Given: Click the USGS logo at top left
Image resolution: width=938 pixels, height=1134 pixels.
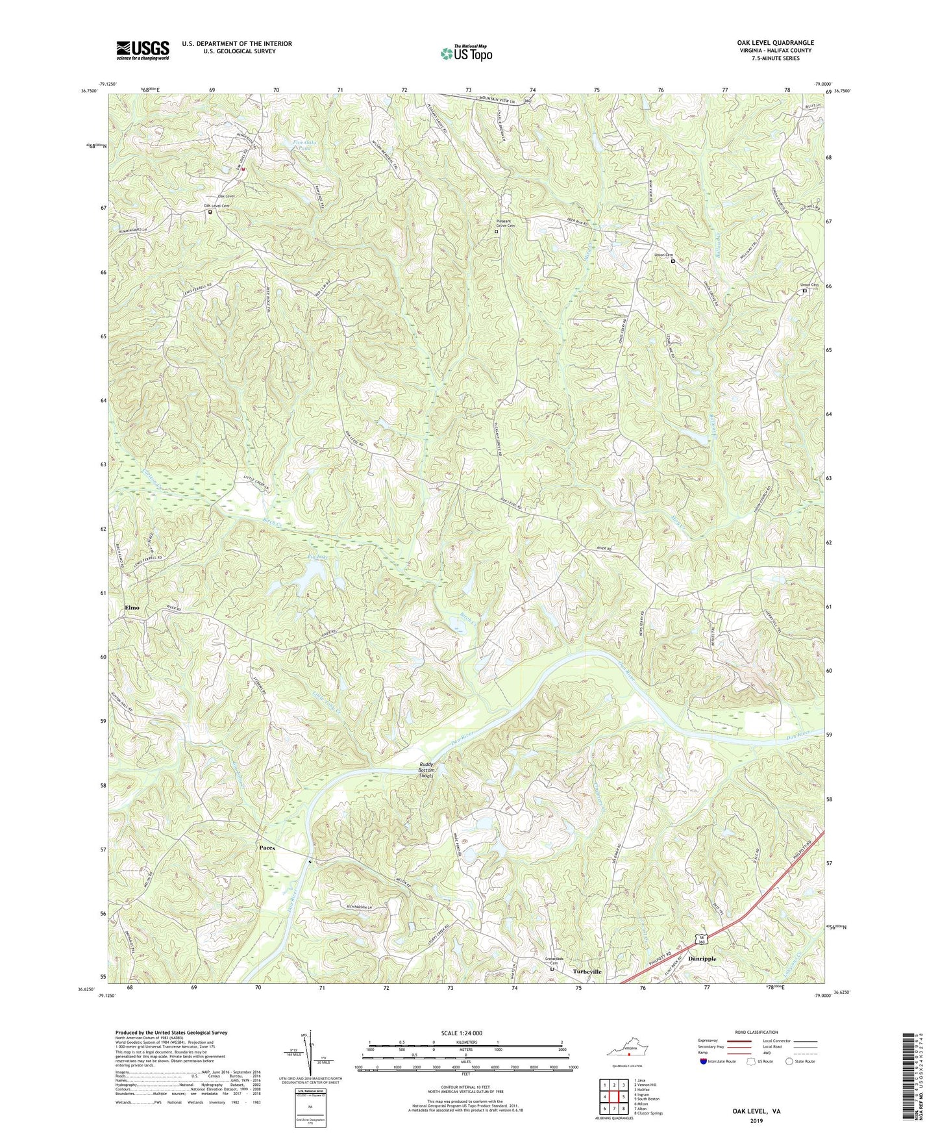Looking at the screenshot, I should [x=143, y=49].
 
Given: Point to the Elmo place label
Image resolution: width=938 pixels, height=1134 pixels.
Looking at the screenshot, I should [x=132, y=607].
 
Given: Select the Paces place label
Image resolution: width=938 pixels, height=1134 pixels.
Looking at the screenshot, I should [x=267, y=848].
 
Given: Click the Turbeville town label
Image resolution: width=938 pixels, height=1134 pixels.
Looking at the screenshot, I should [x=587, y=972].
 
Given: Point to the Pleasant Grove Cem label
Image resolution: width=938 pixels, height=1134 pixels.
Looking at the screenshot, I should [x=499, y=223].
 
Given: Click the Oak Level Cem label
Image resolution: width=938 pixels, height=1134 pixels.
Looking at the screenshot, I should [x=217, y=206].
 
